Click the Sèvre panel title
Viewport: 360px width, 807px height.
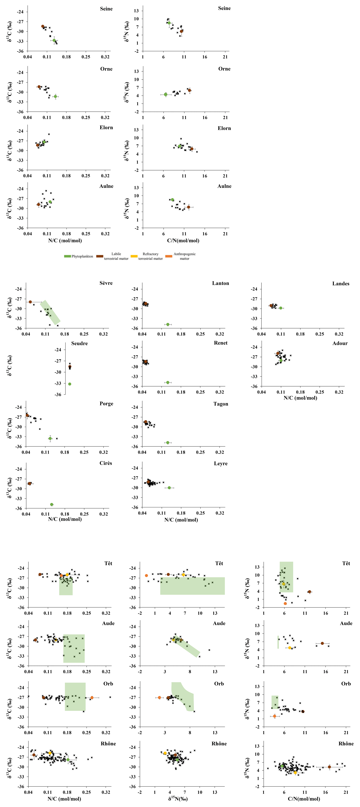pyautogui.click(x=106, y=283)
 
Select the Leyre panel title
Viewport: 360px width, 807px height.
pyautogui.click(x=220, y=464)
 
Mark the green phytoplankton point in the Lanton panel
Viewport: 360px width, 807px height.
pyautogui.click(x=168, y=324)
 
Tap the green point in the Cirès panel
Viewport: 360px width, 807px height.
pyautogui.click(x=52, y=504)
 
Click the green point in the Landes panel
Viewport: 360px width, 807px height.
pyautogui.click(x=281, y=308)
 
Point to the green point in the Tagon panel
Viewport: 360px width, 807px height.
pyautogui.click(x=168, y=442)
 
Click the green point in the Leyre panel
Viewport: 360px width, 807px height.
pyautogui.click(x=169, y=488)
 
